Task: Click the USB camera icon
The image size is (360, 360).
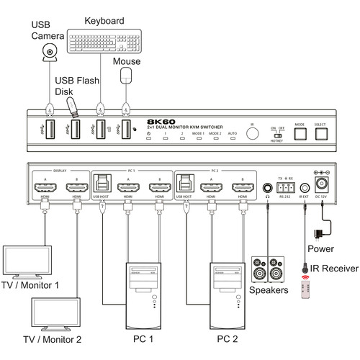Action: (x=50, y=51)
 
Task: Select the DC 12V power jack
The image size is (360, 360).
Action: (x=320, y=181)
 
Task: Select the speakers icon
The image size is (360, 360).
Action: (x=266, y=271)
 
